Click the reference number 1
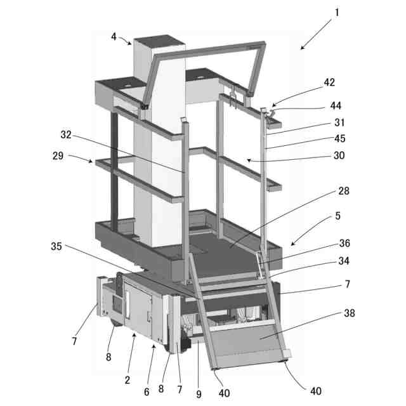(x=336, y=12)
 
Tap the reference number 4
(x=114, y=37)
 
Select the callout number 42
(x=329, y=82)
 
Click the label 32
(x=67, y=135)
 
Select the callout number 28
(x=343, y=190)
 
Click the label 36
(x=343, y=243)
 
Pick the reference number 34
(x=343, y=260)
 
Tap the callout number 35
(x=56, y=246)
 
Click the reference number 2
(x=127, y=380)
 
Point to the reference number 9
(x=199, y=394)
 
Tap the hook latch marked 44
(x=269, y=113)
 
